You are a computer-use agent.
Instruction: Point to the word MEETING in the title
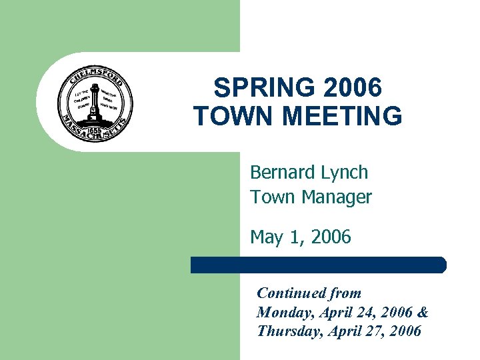(342, 115)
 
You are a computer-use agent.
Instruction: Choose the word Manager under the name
(337, 197)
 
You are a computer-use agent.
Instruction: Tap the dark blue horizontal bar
(318, 265)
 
